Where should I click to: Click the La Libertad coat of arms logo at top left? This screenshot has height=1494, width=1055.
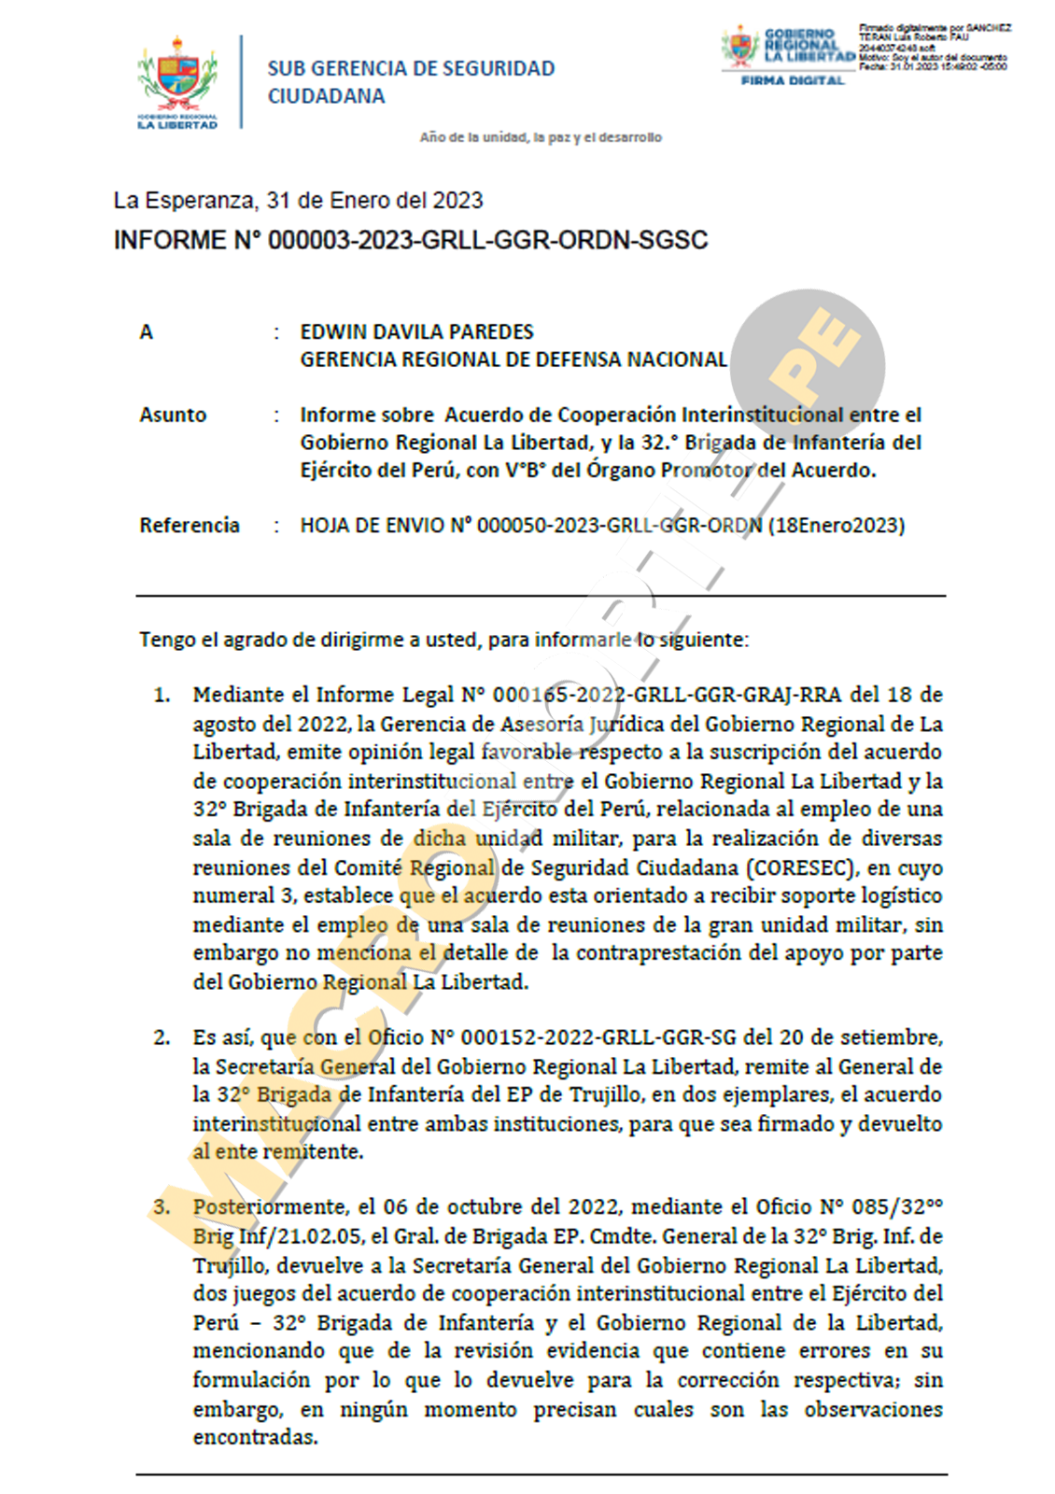(177, 81)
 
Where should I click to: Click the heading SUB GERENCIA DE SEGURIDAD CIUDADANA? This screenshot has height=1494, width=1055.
(411, 82)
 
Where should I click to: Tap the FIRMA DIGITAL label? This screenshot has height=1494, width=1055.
(792, 81)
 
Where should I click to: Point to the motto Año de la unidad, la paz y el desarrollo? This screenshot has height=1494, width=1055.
(541, 137)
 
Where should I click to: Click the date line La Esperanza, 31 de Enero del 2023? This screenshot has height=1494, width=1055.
(298, 201)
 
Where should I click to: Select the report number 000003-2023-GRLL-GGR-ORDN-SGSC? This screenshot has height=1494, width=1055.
(487, 241)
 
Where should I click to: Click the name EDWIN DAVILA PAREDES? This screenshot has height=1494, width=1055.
(416, 331)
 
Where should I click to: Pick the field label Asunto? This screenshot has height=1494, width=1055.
(173, 415)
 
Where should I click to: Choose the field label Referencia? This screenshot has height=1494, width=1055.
(190, 525)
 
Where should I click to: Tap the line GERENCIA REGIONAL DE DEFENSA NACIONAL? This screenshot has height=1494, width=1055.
(513, 359)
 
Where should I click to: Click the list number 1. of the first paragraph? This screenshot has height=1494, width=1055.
(162, 695)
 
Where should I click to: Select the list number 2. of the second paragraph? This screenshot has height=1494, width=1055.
(162, 1037)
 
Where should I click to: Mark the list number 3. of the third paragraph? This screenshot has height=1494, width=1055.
(162, 1206)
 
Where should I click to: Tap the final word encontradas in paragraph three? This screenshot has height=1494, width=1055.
(255, 1437)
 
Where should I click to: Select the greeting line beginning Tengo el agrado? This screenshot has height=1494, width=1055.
(443, 640)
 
